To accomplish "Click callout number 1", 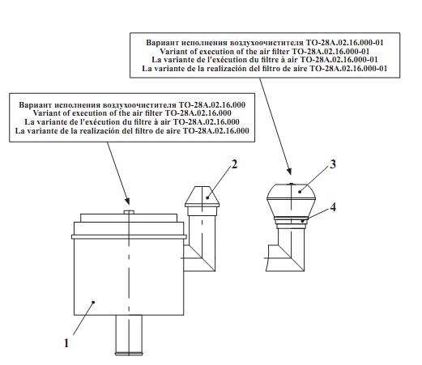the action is pyautogui.click(x=66, y=343).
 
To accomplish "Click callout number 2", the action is pyautogui.click(x=234, y=164).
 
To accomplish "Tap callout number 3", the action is pyautogui.click(x=333, y=164).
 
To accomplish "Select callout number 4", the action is pyautogui.click(x=333, y=207).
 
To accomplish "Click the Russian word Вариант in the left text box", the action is pyautogui.click(x=36, y=105).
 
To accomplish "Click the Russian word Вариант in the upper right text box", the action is pyautogui.click(x=163, y=43).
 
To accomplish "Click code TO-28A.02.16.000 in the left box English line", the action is pyautogui.click(x=198, y=113).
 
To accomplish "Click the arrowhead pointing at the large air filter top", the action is pyautogui.click(x=127, y=202).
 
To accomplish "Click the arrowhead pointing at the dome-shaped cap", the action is pyautogui.click(x=289, y=171).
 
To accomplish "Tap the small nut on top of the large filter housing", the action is pyautogui.click(x=129, y=212).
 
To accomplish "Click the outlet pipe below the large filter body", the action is pyautogui.click(x=129, y=335).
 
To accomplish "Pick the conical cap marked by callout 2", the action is pyautogui.click(x=202, y=197).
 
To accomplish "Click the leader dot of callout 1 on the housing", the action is pyautogui.click(x=93, y=302).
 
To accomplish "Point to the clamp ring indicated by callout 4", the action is pyautogui.click(x=291, y=221).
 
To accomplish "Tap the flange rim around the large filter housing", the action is pyautogui.click(x=129, y=237).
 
